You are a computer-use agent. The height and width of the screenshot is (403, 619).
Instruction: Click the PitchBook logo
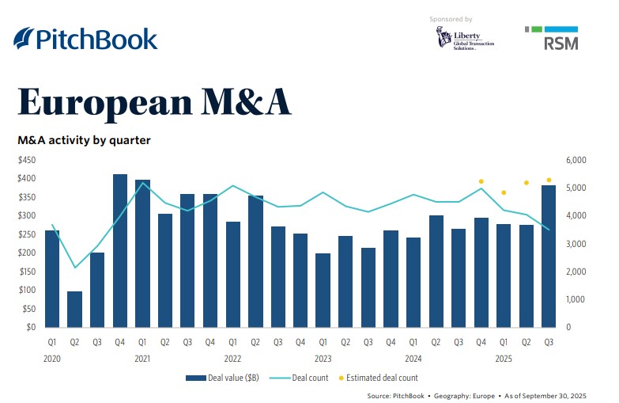click(x=85, y=39)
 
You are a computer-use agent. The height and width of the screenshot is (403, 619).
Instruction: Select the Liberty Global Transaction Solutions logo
click(x=465, y=39)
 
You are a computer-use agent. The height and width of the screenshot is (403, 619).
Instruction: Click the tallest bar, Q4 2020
click(x=120, y=250)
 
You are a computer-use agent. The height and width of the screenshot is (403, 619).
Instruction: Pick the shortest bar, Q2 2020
click(x=74, y=309)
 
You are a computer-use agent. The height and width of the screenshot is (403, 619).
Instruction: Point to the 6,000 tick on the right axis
click(x=578, y=160)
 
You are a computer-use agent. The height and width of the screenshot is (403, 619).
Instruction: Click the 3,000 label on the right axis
click(x=578, y=244)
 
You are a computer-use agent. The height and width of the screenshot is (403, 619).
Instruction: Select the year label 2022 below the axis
click(x=233, y=359)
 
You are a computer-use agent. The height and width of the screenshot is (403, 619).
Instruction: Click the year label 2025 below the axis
click(x=502, y=359)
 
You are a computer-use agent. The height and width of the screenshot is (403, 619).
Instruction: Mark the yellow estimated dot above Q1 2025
click(x=504, y=192)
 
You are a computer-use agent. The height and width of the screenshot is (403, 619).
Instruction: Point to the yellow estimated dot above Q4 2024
click(x=481, y=181)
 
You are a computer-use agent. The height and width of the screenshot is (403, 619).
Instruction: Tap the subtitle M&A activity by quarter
click(x=84, y=140)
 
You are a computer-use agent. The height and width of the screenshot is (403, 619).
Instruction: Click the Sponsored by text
click(x=451, y=18)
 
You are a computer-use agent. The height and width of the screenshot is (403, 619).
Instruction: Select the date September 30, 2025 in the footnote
click(x=568, y=394)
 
